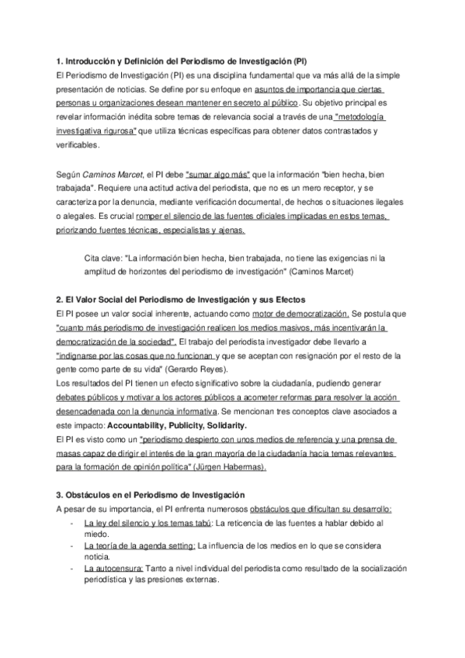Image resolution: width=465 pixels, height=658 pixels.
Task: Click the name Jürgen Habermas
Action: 232,467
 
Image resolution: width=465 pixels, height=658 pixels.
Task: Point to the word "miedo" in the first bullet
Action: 95,535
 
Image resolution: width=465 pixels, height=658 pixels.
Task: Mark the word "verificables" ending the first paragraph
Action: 78,145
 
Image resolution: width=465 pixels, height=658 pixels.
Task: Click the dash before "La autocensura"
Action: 71,568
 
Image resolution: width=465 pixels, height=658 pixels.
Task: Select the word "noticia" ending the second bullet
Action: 96,556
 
